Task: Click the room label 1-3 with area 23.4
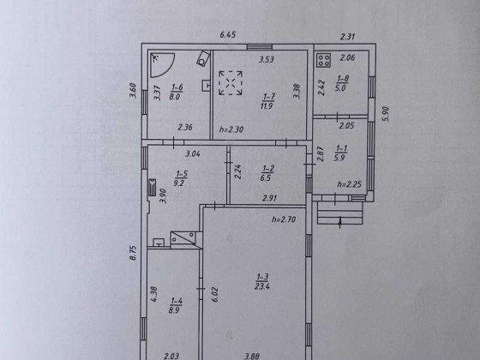point(262,282)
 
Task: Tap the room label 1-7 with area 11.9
point(267,101)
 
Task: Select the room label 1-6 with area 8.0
point(177,92)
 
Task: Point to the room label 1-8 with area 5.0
point(342,83)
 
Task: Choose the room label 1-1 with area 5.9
point(341,153)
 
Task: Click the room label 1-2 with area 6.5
point(267,173)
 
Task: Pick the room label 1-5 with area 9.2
point(181,178)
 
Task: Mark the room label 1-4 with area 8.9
point(176,305)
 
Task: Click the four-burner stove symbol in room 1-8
point(324,60)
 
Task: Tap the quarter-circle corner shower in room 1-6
point(161,65)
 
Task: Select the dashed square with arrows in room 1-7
point(231,83)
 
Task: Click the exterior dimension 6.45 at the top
point(228,34)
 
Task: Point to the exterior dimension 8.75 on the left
point(133,252)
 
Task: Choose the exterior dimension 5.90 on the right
point(386,114)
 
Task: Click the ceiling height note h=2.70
point(284,219)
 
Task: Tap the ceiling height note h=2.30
point(231,129)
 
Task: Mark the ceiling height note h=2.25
point(350,184)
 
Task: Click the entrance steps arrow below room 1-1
point(339,222)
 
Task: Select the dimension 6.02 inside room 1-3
point(215,295)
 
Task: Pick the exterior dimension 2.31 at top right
point(348,37)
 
